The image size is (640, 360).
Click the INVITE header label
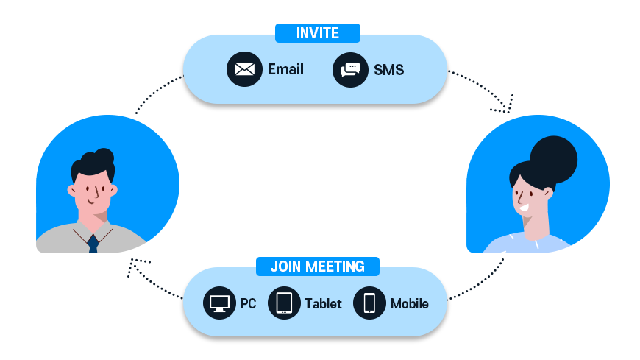click(317, 33)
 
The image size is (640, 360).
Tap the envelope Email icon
click(244, 70)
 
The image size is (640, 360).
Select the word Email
click(285, 70)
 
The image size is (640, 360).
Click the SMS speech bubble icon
click(350, 70)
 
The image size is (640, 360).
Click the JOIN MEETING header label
click(317, 267)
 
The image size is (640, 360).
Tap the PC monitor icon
click(219, 303)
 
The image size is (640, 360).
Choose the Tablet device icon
click(285, 303)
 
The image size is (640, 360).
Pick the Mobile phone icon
click(369, 303)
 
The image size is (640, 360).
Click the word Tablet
click(323, 303)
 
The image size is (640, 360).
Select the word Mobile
click(409, 303)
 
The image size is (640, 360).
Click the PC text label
click(248, 303)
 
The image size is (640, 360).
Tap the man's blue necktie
click(93, 244)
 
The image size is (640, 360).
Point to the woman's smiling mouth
click(525, 208)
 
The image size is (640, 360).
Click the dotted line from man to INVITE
click(155, 91)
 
